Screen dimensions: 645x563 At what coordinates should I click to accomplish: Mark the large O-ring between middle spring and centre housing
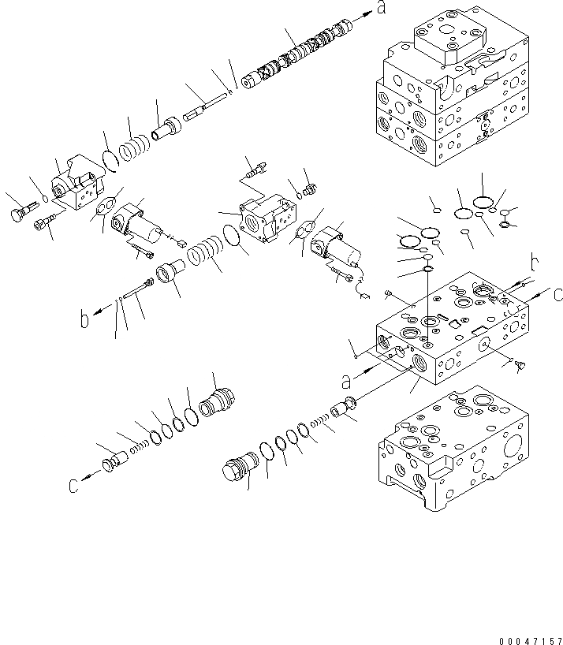(232, 237)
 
